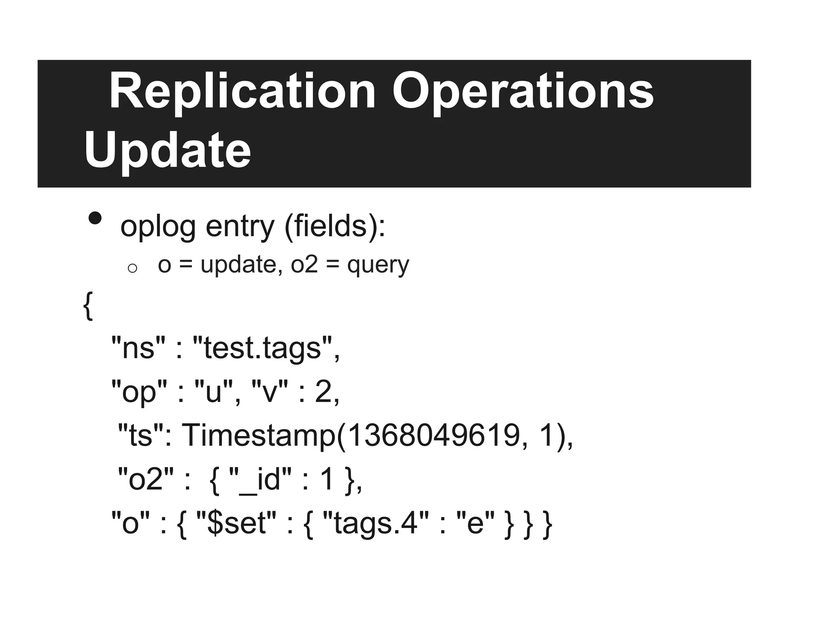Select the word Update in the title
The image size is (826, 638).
coord(167,151)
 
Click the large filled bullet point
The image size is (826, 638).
coord(95,218)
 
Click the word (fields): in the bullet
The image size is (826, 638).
coord(335,226)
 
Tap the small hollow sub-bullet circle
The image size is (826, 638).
coord(132,268)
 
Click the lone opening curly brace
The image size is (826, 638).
coord(88,306)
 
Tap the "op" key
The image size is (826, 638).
coord(139,392)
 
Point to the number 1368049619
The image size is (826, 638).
coord(433,436)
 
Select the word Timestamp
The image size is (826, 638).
coord(259,436)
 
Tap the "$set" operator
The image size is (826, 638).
coord(236,523)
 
